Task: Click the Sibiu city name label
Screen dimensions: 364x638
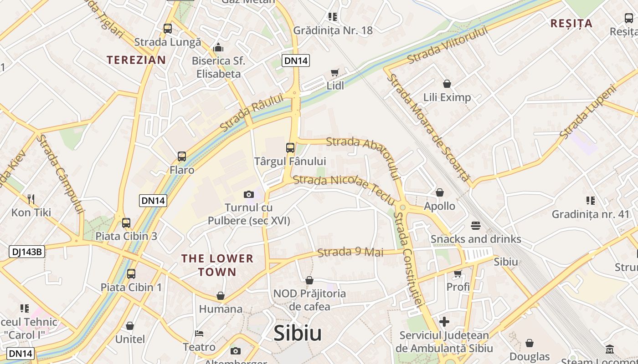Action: [x=298, y=334]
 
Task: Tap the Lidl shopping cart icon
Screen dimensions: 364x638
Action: [x=335, y=72]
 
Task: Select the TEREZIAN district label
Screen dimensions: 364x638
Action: [x=136, y=60]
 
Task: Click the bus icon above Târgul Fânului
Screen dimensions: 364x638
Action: [x=290, y=147]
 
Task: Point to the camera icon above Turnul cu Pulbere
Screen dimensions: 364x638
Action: [x=248, y=194]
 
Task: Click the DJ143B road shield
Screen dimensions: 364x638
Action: [x=27, y=252]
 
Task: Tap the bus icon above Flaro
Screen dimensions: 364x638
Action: [x=182, y=157]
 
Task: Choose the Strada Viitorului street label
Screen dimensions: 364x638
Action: [x=447, y=45]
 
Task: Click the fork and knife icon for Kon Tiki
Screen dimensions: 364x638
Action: [x=31, y=199]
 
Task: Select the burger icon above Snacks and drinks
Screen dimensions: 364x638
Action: [x=476, y=226]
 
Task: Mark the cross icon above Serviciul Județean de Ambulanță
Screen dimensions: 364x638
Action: [x=444, y=322]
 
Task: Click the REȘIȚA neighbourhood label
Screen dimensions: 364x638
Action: [x=571, y=23]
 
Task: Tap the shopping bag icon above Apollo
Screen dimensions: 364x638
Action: [x=440, y=193]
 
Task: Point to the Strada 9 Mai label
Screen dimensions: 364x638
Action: [x=350, y=252]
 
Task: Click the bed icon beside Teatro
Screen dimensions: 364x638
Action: [x=199, y=333]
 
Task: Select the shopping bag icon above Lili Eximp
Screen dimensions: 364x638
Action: [x=447, y=84]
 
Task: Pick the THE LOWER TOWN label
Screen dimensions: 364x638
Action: [x=217, y=265]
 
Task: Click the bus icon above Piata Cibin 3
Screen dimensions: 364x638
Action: [x=126, y=223]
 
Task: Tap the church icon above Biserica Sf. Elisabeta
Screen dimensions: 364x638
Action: [x=218, y=47]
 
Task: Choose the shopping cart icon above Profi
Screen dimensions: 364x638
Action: [x=458, y=273]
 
